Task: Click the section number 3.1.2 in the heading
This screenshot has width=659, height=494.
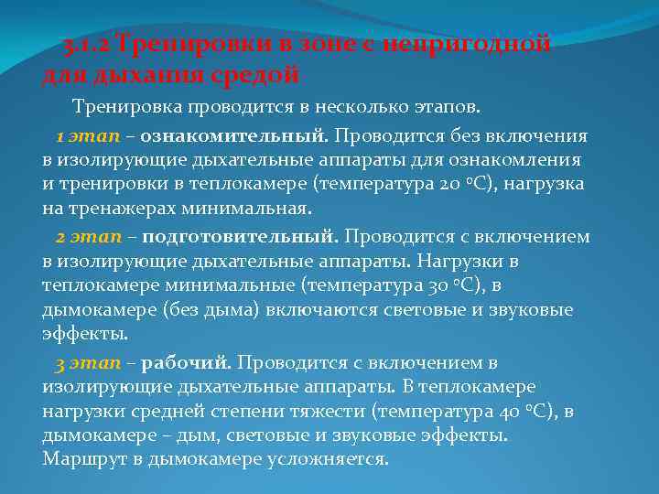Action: click(87, 44)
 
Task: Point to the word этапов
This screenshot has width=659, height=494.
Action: click(442, 107)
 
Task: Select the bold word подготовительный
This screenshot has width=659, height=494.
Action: click(240, 237)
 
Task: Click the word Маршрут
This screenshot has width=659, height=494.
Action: click(81, 458)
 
